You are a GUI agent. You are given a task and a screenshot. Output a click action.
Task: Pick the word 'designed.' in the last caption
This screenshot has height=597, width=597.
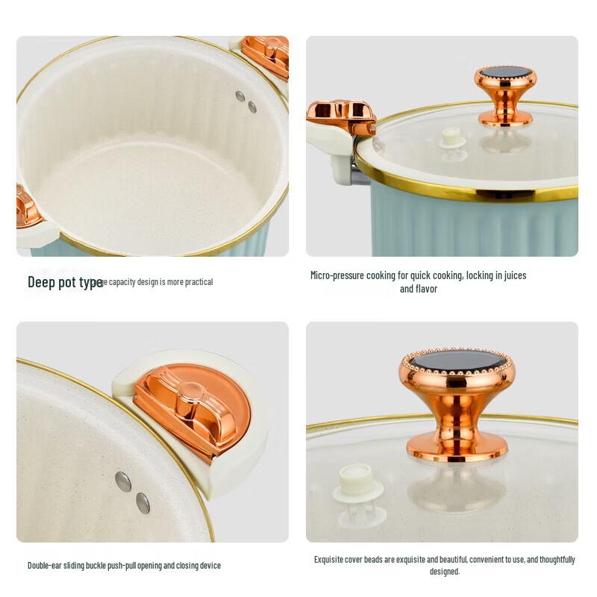click(x=445, y=572)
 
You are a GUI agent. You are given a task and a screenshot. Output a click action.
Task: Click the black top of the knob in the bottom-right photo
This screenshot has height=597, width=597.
click(x=457, y=360)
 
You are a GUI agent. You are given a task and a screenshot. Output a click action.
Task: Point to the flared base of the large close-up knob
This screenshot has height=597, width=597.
click(x=456, y=445)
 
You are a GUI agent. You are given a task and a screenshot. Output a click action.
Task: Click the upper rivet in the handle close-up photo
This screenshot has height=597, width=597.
click(x=123, y=481)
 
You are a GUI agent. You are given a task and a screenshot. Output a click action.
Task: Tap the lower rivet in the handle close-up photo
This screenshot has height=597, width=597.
click(x=143, y=503)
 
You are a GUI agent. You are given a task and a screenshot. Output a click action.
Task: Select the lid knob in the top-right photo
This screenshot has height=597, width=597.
click(x=505, y=94)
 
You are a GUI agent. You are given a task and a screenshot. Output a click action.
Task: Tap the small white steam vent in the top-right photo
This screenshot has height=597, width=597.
click(x=452, y=138)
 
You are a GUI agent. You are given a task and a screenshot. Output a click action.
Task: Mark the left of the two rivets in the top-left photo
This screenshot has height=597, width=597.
click(x=240, y=96)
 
